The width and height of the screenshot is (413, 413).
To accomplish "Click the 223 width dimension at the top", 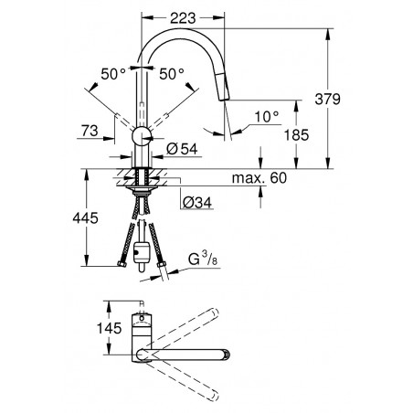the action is click(183, 18).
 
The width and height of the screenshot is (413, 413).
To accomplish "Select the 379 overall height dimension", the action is click(327, 99).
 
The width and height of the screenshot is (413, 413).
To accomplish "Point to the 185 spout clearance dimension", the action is click(296, 134).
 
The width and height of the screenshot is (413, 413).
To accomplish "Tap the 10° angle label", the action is click(267, 117).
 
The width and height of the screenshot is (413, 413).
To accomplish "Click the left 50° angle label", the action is click(113, 74).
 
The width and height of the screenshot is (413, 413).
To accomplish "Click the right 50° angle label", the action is click(172, 74).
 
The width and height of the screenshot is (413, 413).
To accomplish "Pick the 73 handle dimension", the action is click(90, 131).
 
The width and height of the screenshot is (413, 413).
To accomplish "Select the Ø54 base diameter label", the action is click(182, 149).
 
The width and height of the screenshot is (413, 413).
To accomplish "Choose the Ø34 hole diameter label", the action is click(197, 202).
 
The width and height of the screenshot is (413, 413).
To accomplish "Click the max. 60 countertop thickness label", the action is click(259, 178).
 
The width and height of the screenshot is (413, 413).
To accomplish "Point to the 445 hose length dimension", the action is click(85, 218).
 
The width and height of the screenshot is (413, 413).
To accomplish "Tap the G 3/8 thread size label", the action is click(203, 259).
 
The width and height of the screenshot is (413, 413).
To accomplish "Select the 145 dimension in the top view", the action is click(109, 328).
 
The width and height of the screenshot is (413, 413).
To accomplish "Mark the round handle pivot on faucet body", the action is click(142, 136).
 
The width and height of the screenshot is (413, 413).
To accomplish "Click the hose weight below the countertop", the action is click(142, 252).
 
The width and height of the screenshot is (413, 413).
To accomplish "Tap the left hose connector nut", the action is click(122, 264).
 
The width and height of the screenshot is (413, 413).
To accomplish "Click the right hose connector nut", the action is click(161, 264).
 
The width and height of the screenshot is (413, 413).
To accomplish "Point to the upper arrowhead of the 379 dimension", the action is click(327, 34).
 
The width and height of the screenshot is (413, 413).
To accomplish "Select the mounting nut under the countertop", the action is click(142, 191).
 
